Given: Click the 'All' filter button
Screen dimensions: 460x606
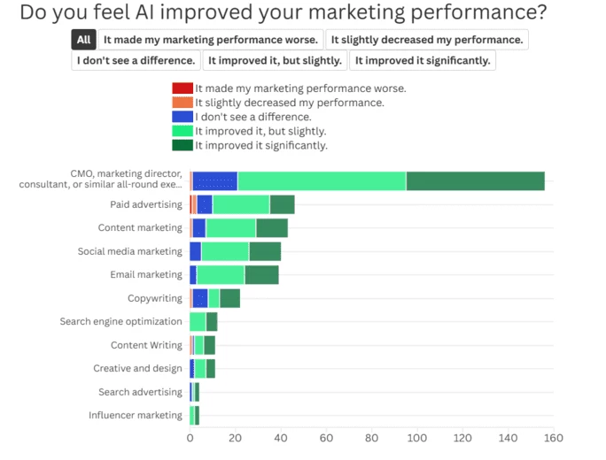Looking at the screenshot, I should tap(83, 40).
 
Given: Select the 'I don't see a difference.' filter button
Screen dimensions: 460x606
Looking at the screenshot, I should tap(136, 60).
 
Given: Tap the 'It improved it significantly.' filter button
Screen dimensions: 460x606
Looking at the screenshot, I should tap(422, 60).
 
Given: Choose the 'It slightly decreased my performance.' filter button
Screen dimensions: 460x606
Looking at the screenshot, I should tap(426, 40).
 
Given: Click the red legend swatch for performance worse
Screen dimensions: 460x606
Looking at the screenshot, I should tap(183, 88).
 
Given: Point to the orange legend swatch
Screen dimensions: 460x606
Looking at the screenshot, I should tap(183, 103).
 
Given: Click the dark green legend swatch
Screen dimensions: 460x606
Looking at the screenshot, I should tap(183, 145).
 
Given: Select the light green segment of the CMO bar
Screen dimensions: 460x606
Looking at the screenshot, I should tap(322, 180).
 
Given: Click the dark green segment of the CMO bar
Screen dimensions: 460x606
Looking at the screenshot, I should tap(475, 180).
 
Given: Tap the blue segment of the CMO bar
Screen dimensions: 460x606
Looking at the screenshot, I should tap(215, 180).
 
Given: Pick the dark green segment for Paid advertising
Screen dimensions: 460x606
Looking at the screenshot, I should tap(282, 204).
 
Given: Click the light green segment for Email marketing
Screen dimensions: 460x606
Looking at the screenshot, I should tap(221, 275).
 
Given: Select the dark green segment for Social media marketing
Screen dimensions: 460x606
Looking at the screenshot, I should tap(265, 251).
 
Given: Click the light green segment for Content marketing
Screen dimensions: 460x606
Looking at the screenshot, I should tap(230, 228).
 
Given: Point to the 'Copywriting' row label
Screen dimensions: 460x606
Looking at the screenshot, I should tap(154, 299).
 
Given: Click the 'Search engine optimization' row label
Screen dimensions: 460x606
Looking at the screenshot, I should tap(120, 322).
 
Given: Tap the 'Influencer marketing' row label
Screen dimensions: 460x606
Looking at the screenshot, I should tap(135, 416).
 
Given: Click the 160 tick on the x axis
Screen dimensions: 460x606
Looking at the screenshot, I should tap(553, 438).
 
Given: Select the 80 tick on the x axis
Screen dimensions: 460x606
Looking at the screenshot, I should tap(371, 438).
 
